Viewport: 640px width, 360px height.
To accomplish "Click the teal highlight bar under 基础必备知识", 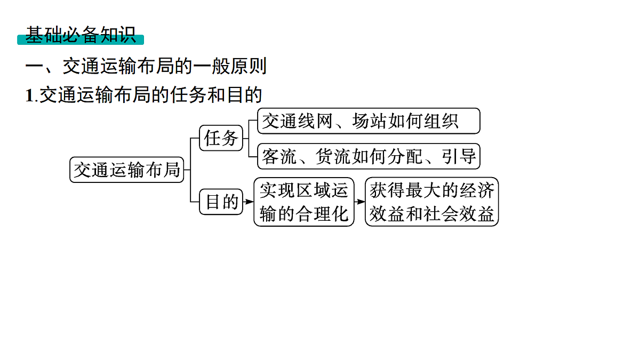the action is click(81, 39).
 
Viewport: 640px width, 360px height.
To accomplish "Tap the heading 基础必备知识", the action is click(81, 35).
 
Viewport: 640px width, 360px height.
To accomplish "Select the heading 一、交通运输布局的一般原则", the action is click(146, 66).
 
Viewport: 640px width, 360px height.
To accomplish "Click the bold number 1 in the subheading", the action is click(29, 95).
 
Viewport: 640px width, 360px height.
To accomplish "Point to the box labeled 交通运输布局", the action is click(126, 170).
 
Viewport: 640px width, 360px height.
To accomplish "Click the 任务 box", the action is click(221, 138).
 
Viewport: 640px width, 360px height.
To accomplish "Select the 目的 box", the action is click(221, 202).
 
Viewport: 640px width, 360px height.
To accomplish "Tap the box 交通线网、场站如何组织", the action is click(369, 121).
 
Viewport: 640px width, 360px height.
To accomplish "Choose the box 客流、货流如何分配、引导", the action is click(369, 156).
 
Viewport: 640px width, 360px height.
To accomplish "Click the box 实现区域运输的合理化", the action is click(303, 202).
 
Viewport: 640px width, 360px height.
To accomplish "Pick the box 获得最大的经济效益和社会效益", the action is click(431, 202).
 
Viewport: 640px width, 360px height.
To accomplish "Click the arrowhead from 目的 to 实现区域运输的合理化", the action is click(250, 202).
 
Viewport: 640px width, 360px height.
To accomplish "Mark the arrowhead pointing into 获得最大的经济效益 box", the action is click(361, 202).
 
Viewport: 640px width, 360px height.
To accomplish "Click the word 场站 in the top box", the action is click(370, 121).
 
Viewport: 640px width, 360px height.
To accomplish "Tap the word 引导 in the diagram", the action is click(459, 156).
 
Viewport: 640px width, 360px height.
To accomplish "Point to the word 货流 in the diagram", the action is click(333, 156).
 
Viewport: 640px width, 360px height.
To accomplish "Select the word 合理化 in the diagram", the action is click(322, 214).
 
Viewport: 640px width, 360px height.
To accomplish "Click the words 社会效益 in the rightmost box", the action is click(459, 214).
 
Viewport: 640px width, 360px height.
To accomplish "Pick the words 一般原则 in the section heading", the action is click(230, 66).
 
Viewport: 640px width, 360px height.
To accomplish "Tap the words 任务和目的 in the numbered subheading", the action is click(216, 95).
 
